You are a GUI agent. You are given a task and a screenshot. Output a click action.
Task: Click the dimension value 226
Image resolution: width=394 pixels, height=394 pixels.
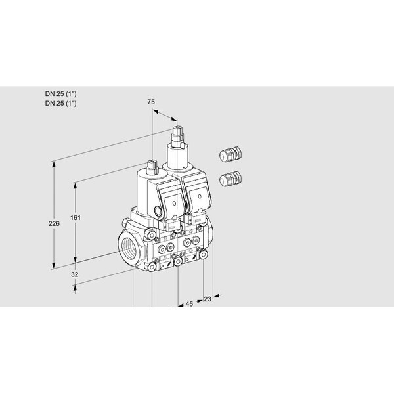point(54,223)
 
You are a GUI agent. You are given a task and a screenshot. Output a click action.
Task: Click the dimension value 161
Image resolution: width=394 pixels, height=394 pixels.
point(75,217)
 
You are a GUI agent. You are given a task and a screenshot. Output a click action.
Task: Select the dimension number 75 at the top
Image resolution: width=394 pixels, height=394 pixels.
point(151,102)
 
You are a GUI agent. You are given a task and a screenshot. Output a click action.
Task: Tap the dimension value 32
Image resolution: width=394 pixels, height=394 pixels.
point(74,274)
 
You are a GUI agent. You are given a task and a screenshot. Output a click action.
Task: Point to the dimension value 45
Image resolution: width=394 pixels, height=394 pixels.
point(189,304)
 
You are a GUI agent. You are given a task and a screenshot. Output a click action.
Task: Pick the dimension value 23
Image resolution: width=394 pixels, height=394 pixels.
point(208,299)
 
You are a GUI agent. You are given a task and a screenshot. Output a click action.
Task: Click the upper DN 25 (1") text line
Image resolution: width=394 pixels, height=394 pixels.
point(61,94)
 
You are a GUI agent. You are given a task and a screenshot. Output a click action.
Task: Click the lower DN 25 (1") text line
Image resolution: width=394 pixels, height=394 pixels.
point(61,103)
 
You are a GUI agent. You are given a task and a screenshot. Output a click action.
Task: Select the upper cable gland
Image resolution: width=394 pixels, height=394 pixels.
point(230,154)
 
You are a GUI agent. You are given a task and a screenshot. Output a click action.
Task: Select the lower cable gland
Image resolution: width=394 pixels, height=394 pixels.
point(230,178)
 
